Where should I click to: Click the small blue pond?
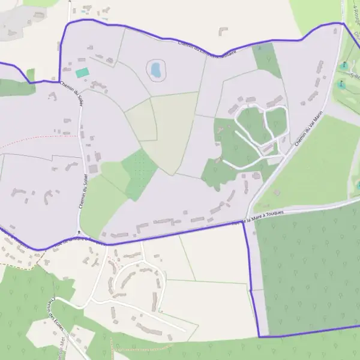pyautogui.click(x=156, y=70)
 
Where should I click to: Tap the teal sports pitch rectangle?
pyautogui.click(x=82, y=73)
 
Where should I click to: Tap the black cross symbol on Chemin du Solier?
pyautogui.click(x=79, y=232)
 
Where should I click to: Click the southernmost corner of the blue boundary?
pyautogui.click(x=260, y=337)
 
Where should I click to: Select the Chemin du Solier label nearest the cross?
pyautogui.click(x=81, y=196)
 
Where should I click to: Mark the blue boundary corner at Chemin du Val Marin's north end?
pyautogui.click(x=343, y=23)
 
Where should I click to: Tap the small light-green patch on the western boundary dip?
pyautogui.click(x=31, y=75)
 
